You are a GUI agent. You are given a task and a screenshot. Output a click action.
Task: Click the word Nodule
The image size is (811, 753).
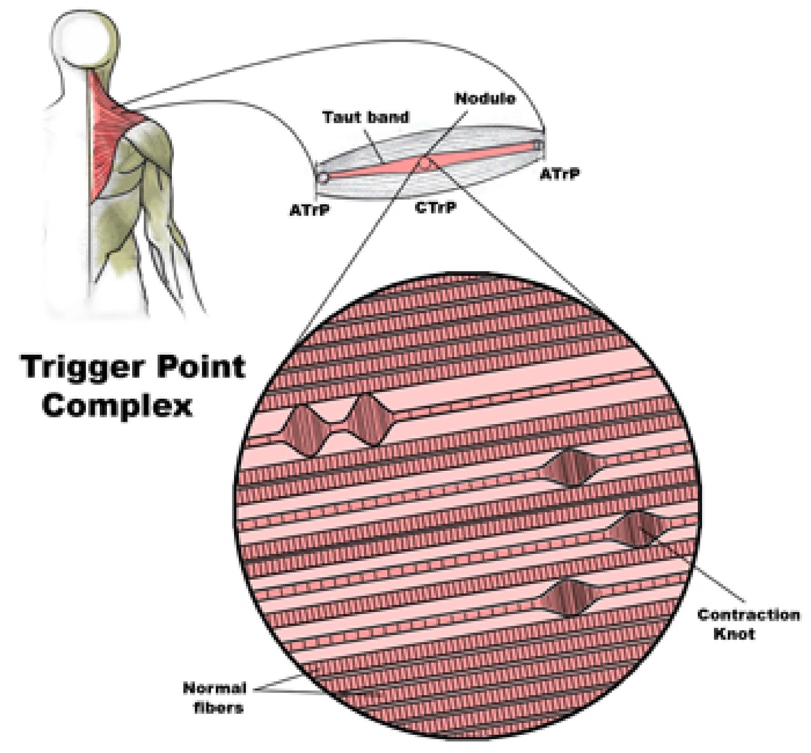tap(485, 98)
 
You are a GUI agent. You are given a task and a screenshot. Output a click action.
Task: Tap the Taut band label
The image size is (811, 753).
tap(365, 118)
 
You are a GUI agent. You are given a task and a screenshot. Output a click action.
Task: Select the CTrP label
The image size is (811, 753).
tap(435, 207)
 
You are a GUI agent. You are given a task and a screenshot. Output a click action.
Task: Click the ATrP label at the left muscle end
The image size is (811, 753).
tap(309, 210)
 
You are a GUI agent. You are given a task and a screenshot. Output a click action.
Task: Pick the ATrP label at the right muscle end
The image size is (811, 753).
tap(559, 174)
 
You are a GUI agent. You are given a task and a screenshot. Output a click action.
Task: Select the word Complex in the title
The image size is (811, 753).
tap(118, 405)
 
